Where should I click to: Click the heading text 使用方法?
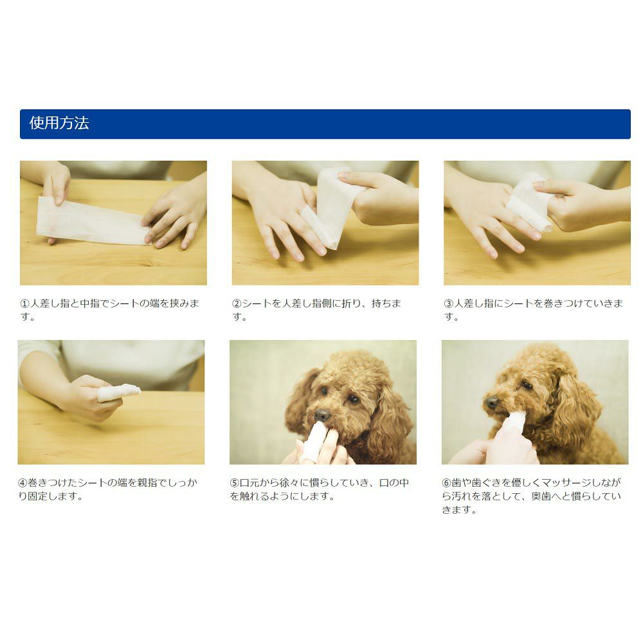59,123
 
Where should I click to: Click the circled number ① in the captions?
24,303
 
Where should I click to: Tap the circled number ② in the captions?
237,303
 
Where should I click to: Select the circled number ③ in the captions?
449,303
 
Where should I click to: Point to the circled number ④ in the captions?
23,483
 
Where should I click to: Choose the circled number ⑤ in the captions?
235,483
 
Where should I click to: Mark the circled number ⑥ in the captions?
447,483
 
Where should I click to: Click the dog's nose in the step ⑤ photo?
322,415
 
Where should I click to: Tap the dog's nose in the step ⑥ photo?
491,403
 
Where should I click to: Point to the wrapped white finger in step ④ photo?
119,392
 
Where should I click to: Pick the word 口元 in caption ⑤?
249,483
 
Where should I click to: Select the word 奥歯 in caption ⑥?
541,496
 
